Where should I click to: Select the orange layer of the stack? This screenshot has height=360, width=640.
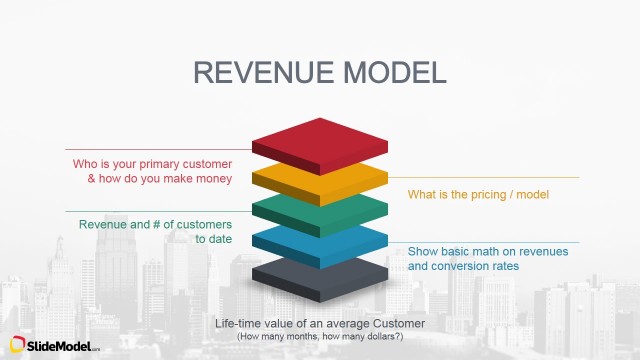319,181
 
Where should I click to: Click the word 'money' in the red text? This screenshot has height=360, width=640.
213,178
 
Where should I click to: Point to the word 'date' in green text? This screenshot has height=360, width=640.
219,239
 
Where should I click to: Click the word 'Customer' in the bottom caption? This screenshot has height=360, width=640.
397,324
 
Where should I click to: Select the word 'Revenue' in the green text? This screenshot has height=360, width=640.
103,223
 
